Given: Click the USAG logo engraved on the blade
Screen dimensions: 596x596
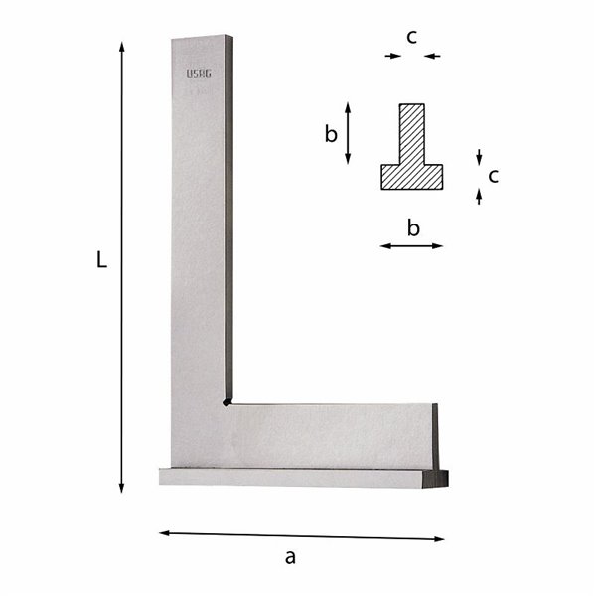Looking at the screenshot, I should click(198, 74).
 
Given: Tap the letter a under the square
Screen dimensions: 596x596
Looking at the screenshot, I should click(290, 558).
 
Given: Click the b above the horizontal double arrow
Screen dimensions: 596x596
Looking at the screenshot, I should click(413, 228).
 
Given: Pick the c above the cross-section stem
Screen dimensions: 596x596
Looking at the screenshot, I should click(411, 37).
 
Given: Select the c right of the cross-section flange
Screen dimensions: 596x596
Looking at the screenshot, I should click(493, 176).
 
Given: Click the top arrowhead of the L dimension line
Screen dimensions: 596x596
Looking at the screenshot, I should click(121, 46).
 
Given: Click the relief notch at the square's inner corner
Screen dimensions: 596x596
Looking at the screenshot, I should click(227, 402).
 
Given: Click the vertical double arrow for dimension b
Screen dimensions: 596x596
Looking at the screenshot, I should click(348, 133).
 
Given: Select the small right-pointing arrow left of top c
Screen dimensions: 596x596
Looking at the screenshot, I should click(393, 56).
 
